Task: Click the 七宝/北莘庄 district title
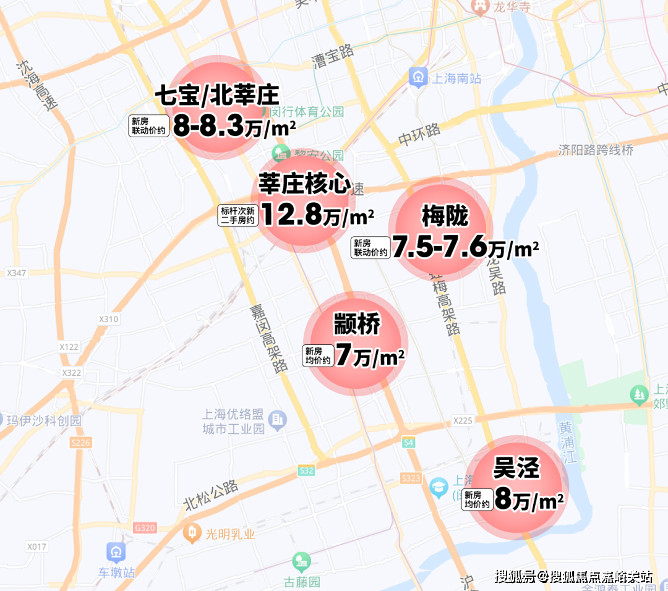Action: (x=216, y=96)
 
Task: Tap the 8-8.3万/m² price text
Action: (x=234, y=126)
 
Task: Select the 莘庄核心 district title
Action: (x=304, y=184)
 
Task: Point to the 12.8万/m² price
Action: (x=317, y=215)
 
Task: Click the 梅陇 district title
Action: (x=445, y=216)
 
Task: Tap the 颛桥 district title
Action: (x=357, y=325)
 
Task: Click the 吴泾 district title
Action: (x=516, y=469)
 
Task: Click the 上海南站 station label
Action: (x=457, y=79)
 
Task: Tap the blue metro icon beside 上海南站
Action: (x=419, y=77)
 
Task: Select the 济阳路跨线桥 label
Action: (x=596, y=150)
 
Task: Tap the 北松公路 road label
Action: (x=212, y=495)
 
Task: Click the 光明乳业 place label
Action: (x=230, y=534)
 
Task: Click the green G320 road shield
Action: (x=145, y=528)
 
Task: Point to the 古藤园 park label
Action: (x=302, y=582)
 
